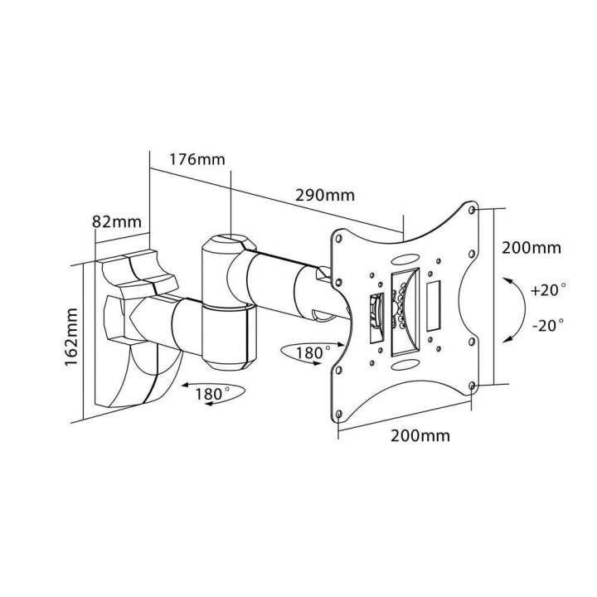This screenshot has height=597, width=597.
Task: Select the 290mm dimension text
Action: tap(325, 196)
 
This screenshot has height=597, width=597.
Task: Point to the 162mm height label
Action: tap(72, 336)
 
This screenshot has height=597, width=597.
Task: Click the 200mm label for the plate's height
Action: tap(531, 247)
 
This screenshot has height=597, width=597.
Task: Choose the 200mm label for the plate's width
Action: tap(420, 435)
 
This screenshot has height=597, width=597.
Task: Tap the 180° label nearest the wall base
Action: tap(213, 394)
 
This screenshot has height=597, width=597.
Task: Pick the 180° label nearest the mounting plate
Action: tap(308, 352)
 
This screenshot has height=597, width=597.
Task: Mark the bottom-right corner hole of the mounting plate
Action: tap(471, 386)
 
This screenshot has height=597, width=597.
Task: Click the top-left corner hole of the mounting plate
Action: tap(337, 237)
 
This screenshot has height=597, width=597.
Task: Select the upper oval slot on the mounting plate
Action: tap(408, 259)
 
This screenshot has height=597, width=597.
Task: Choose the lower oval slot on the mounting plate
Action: tap(404, 362)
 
